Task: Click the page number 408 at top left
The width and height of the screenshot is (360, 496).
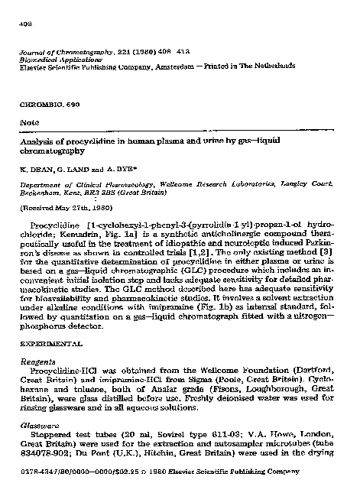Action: [24, 23]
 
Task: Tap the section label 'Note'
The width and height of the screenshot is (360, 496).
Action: [28, 120]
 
